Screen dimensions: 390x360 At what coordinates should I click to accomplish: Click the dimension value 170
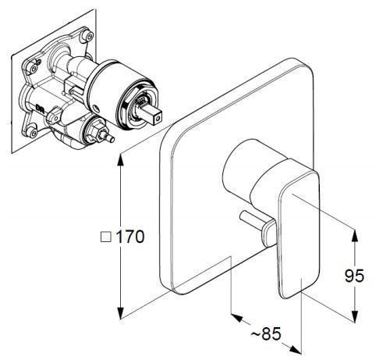pyautogui.click(x=129, y=237)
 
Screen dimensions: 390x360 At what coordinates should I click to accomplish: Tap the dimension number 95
pyautogui.click(x=354, y=276)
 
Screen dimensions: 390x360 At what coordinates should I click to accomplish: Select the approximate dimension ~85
pyautogui.click(x=266, y=333)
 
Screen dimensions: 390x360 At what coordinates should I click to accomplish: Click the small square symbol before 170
pyautogui.click(x=106, y=237)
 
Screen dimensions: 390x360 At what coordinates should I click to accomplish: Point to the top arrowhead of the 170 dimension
pyautogui.click(x=120, y=160)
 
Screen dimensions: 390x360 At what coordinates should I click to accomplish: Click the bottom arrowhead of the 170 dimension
pyautogui.click(x=120, y=313)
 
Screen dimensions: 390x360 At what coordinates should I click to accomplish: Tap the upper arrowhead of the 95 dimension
pyautogui.click(x=355, y=235)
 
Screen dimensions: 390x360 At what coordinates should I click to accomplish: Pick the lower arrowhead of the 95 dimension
pyautogui.click(x=355, y=316)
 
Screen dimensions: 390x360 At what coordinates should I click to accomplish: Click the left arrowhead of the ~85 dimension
pyautogui.click(x=236, y=317)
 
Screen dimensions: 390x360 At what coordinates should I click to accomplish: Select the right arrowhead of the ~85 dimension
pyautogui.click(x=296, y=350)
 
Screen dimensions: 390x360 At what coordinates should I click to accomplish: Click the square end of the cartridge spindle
pyautogui.click(x=157, y=119)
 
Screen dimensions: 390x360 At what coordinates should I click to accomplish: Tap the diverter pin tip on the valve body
pyautogui.click(x=112, y=139)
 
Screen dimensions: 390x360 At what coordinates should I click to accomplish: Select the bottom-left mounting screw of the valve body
pyautogui.click(x=33, y=133)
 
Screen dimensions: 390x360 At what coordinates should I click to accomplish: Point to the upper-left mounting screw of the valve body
pyautogui.click(x=34, y=68)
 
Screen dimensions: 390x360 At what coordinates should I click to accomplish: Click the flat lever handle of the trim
pyautogui.click(x=300, y=233)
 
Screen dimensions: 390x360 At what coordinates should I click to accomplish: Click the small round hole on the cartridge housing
pyautogui.click(x=96, y=108)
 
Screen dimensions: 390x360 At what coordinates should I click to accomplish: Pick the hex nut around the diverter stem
pyautogui.click(x=94, y=133)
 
